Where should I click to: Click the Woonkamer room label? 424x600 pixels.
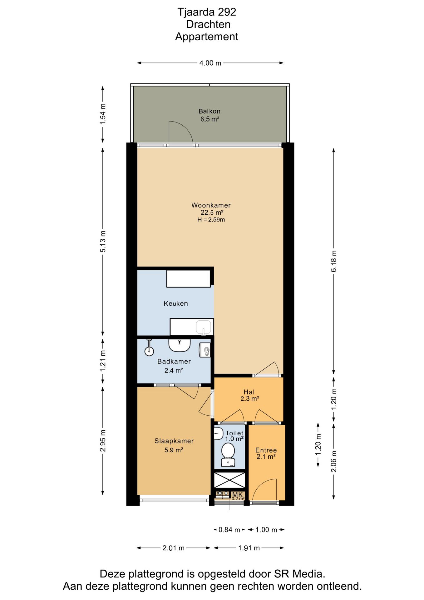point(211,205)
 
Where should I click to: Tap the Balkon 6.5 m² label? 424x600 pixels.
point(210,115)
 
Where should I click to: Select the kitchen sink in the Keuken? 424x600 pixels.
point(204,327)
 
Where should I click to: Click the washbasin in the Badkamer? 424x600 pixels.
point(180,345)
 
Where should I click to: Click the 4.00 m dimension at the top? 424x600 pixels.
point(210,63)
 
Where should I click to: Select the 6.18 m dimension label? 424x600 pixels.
point(334,261)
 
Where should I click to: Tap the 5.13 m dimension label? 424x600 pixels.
point(103,241)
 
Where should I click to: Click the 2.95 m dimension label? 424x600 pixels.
point(103,441)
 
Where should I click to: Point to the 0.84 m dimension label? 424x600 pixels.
point(229,530)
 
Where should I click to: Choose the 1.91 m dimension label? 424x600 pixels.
point(249,548)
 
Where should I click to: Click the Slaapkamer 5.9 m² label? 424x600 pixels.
point(174,445)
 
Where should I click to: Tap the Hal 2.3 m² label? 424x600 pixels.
point(249,395)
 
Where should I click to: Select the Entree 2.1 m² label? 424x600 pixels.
point(266,453)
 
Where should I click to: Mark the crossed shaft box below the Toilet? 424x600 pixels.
point(229,480)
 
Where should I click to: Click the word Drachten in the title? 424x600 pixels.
point(208,24)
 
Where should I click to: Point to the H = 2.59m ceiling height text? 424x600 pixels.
point(211,220)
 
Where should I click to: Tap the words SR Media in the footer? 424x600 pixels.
point(299,574)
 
